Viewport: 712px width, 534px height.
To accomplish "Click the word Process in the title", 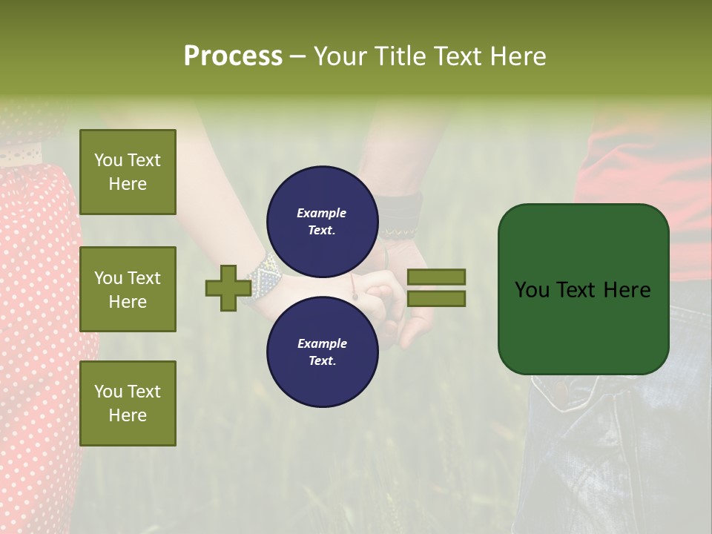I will [x=233, y=56].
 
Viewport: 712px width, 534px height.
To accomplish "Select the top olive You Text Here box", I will [x=128, y=172].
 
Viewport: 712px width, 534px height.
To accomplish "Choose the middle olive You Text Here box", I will [x=128, y=289].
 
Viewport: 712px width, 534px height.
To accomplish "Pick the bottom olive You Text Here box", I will [x=128, y=403].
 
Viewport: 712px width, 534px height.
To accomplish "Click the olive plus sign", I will [x=228, y=289].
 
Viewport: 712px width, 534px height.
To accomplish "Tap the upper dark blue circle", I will [x=322, y=221].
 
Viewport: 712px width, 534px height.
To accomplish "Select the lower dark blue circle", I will [x=322, y=352].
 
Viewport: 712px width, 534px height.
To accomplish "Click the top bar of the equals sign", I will [x=436, y=277].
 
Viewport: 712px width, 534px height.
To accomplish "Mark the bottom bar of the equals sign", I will [x=436, y=299].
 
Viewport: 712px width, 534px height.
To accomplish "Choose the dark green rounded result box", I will [x=583, y=289].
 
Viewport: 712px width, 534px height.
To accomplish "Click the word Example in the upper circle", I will [x=321, y=213].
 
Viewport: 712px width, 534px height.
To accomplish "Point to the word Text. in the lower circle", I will [x=322, y=361].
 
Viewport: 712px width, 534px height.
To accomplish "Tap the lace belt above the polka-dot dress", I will [x=22, y=156].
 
